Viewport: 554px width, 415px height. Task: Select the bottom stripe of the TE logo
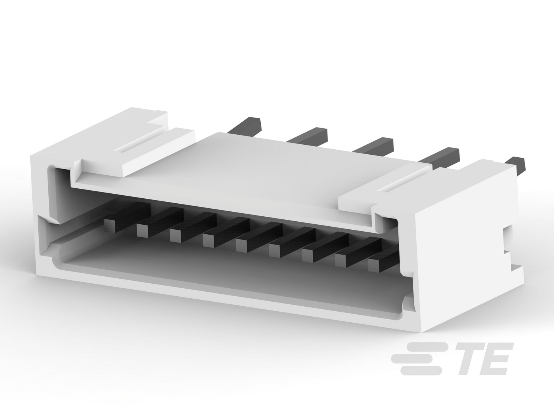tap(421, 371)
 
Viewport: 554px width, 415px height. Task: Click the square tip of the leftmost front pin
tap(110, 225)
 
